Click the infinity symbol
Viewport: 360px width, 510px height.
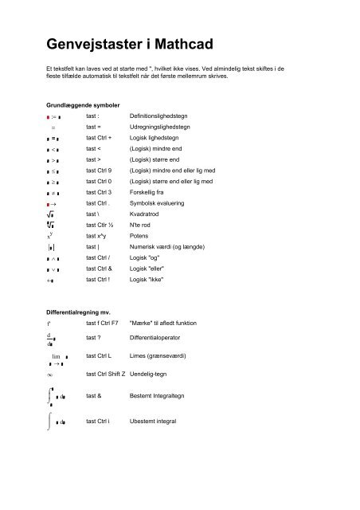pos(50,374)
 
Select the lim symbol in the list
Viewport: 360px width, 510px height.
pos(57,355)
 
